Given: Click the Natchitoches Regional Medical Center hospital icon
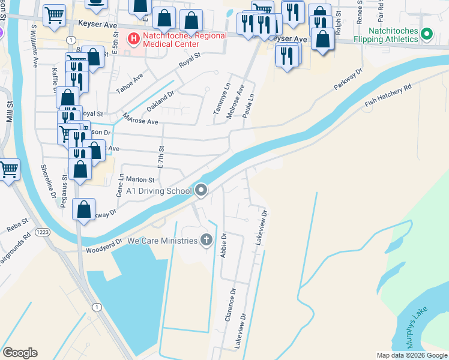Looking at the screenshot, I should (133, 38).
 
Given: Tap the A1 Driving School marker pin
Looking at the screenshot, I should (201, 191).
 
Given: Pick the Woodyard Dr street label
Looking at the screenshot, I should (104, 245).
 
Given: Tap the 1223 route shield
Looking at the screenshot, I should (43, 232).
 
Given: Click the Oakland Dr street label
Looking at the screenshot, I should (160, 97).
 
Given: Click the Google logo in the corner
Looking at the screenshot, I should (20, 353).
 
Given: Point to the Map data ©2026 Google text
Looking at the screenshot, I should (412, 355).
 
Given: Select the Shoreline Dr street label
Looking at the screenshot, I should (47, 182).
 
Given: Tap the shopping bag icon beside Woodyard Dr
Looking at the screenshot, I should (84, 210).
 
